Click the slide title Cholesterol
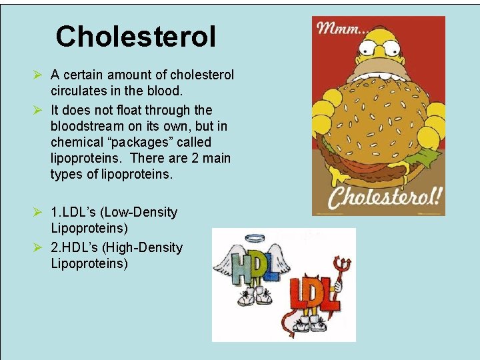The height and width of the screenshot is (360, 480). [136, 37]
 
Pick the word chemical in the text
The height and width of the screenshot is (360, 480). [75, 143]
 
